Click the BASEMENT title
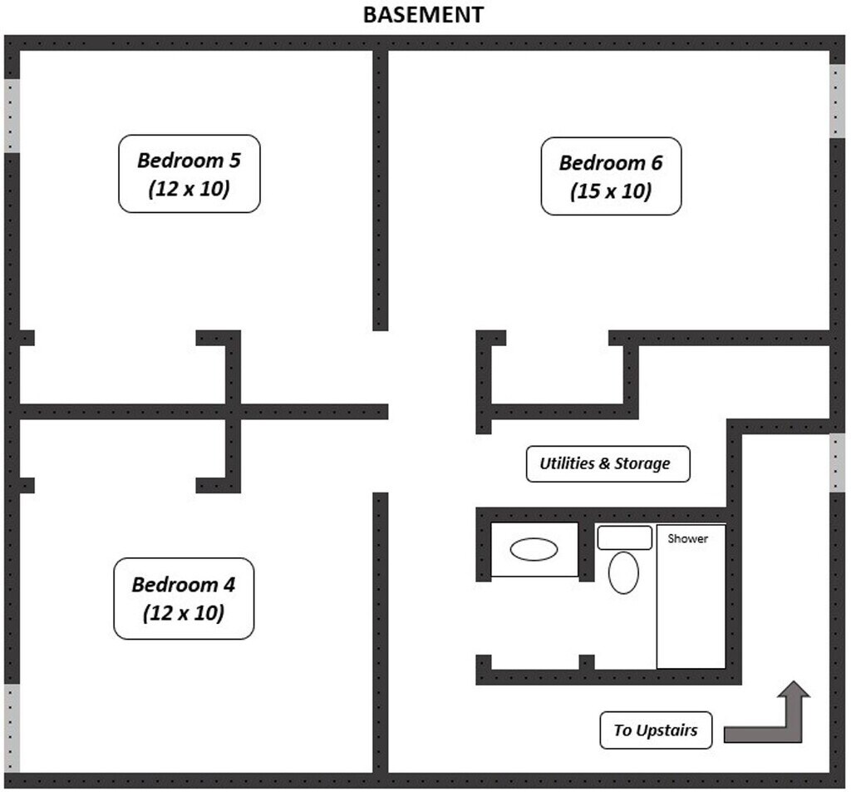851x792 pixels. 424,15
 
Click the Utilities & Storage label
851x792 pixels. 608,463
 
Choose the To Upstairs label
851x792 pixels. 655,730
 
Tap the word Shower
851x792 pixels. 688,538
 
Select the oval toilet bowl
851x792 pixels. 623,573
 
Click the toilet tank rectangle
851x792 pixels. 624,537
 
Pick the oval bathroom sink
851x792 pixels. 534,549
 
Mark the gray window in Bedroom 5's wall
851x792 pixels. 12,115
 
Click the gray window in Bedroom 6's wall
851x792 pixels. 838,101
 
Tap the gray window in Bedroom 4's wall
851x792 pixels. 12,727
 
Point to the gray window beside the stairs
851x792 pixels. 838,463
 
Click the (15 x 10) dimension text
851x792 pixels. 610,191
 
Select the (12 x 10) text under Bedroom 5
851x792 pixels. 189,189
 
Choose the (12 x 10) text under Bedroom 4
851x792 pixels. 183,614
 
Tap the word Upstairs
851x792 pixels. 667,730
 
